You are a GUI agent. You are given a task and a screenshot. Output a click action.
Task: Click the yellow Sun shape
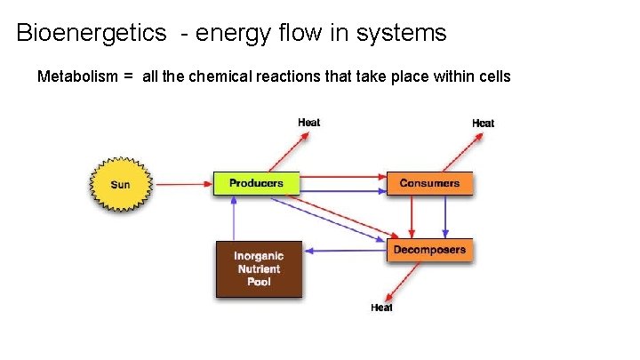pos(120,185)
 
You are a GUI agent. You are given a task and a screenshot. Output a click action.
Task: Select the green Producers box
pos(256,183)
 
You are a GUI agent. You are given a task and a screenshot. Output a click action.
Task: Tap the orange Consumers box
pos(429,183)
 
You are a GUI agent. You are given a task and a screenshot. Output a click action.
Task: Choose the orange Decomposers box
pos(429,250)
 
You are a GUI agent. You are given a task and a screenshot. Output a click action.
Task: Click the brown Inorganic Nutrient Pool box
pos(259,268)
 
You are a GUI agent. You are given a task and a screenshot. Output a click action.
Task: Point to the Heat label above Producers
pos(308,122)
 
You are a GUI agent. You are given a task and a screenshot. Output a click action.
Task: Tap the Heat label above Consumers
pos(483,123)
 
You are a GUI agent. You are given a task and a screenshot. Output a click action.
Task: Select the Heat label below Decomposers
pos(381,308)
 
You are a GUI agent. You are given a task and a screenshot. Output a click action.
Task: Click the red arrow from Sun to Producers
pos(182,185)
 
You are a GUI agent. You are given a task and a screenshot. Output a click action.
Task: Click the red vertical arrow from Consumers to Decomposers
pos(412,217)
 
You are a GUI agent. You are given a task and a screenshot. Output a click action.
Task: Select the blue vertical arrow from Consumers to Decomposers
pos(446,217)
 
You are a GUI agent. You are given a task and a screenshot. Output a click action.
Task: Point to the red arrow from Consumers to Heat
pos(456,150)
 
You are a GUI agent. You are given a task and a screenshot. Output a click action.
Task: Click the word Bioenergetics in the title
pos(92,34)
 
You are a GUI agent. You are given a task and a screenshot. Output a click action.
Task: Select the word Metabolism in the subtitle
pos(77,76)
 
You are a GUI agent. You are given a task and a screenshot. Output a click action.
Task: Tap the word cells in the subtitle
pos(493,76)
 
